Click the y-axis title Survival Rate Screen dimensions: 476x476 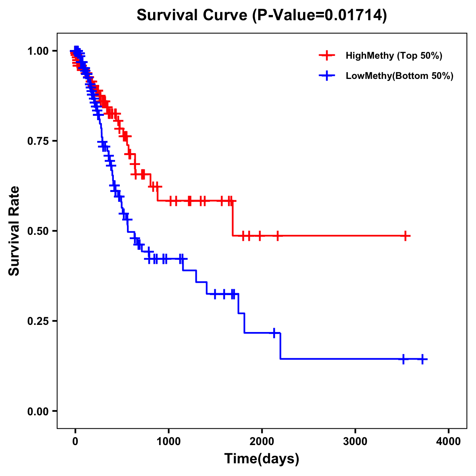(14, 230)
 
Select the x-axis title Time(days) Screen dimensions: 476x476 (262, 459)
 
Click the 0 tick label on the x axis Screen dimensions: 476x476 (75, 441)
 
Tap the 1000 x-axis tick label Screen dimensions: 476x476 (169, 441)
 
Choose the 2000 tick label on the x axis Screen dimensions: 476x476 (262, 441)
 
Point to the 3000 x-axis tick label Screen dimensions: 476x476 (355, 441)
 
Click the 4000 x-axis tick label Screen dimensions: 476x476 (449, 441)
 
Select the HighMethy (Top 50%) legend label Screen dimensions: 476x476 (394, 56)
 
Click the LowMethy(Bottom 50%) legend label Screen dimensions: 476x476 (399, 76)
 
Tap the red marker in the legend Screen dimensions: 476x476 (327, 56)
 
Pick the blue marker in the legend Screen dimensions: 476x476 (327, 76)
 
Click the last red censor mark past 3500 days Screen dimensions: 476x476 (405, 236)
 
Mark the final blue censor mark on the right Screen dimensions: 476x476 (422, 359)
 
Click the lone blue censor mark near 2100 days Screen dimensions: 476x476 (274, 333)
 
